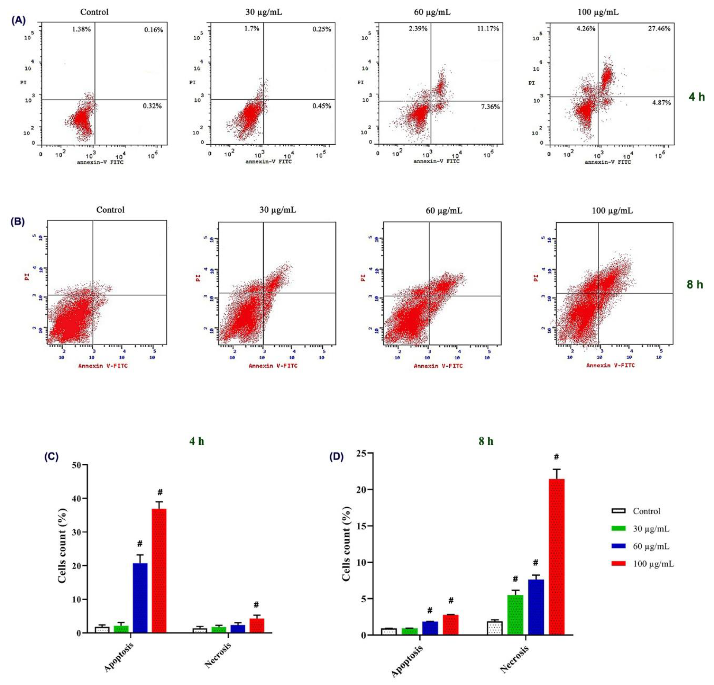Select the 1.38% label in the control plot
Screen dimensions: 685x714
[81, 29]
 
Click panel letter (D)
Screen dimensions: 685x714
[336, 457]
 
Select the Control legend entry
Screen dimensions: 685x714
[646, 511]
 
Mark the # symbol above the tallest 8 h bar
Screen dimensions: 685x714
[556, 457]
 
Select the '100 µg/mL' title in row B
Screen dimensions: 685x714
[612, 210]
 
